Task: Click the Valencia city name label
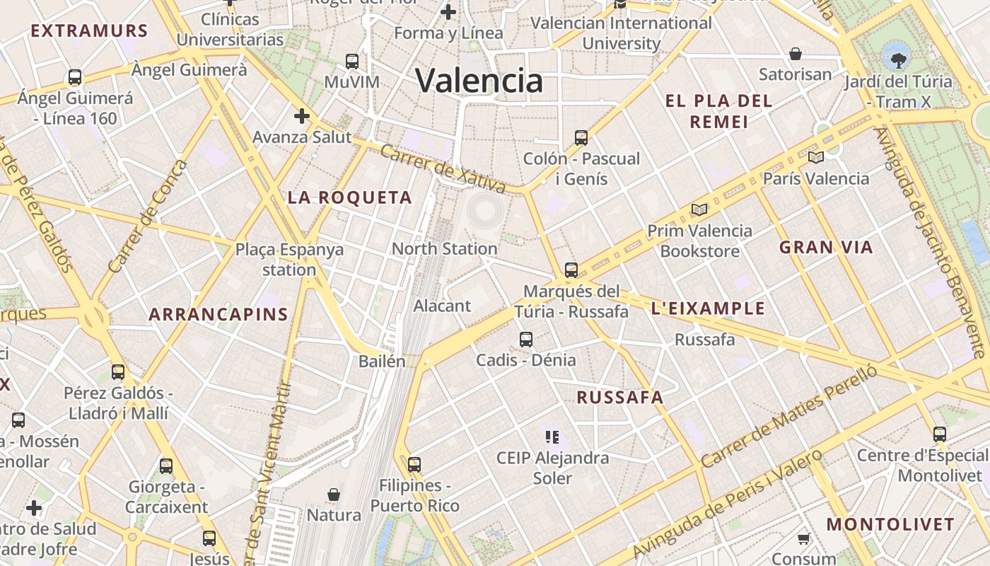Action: [x=479, y=81]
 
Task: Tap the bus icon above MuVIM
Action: [x=352, y=62]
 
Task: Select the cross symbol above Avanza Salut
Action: [x=302, y=116]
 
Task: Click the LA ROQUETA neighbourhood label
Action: [x=349, y=197]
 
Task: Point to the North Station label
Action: [x=444, y=248]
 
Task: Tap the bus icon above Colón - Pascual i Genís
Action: [x=581, y=138]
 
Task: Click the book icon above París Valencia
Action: [x=816, y=157]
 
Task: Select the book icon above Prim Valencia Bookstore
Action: [x=699, y=209]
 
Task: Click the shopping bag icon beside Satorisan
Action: [x=796, y=54]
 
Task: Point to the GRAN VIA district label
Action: [x=826, y=248]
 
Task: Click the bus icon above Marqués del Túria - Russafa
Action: [x=571, y=270]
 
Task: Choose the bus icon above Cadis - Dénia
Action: [x=526, y=340]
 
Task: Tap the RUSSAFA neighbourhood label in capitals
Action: [x=620, y=398]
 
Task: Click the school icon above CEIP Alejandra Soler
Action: [x=552, y=437]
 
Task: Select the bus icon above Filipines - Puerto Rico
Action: [x=414, y=465]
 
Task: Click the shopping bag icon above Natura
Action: [x=334, y=494]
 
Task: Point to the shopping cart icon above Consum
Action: [x=804, y=539]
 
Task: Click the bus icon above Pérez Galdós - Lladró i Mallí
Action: [x=118, y=371]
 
